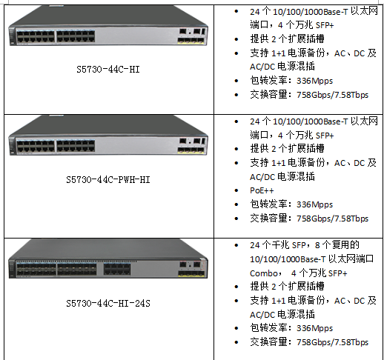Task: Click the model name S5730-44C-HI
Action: pyautogui.click(x=108, y=70)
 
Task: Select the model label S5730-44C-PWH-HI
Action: pyautogui.click(x=108, y=179)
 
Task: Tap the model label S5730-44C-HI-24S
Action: pyautogui.click(x=108, y=303)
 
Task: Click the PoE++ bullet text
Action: pyautogui.click(x=262, y=190)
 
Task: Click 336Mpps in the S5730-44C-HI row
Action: pyautogui.click(x=314, y=81)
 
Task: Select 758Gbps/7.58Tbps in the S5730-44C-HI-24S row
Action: pyautogui.click(x=332, y=342)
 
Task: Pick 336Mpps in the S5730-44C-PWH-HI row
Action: pyautogui.click(x=314, y=204)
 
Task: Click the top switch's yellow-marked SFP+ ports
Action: pyautogui.click(x=191, y=40)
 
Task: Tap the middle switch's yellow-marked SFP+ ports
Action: pyautogui.click(x=191, y=150)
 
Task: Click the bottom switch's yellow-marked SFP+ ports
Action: pyautogui.click(x=192, y=273)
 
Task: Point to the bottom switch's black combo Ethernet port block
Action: pyautogui.click(x=117, y=269)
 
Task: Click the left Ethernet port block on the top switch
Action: pyautogui.click(x=36, y=36)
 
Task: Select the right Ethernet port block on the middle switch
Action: pyautogui.click(x=76, y=146)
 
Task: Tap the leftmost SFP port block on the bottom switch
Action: pyautogui.click(x=36, y=269)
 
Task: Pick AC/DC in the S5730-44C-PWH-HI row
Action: pyautogui.click(x=262, y=177)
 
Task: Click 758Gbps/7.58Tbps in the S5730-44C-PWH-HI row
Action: pyautogui.click(x=332, y=219)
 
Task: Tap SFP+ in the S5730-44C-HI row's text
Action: pyautogui.click(x=325, y=25)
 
